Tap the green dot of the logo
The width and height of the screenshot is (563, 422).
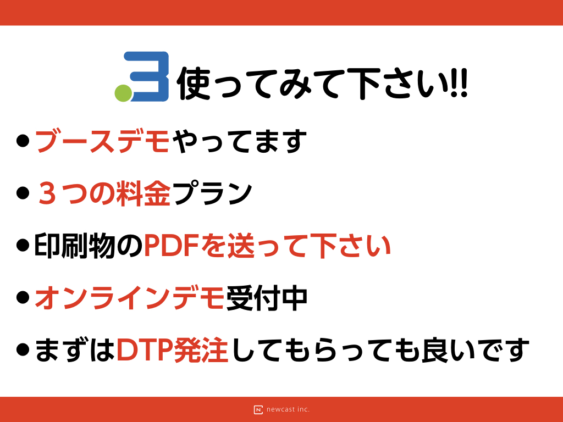123,93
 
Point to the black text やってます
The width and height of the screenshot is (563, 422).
240,141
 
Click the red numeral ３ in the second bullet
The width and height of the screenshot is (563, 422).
47,193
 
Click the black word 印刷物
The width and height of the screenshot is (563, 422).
75,246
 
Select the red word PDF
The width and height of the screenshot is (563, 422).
172,246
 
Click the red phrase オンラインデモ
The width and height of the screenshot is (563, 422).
130,298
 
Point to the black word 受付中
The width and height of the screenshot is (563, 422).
267,298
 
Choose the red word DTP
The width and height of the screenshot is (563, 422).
145,350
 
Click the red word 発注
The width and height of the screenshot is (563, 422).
201,350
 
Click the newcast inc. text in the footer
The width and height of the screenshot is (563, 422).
288,409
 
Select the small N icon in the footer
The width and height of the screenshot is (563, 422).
258,410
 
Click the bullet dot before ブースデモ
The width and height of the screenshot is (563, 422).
23,140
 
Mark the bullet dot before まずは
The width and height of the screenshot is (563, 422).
23,349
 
